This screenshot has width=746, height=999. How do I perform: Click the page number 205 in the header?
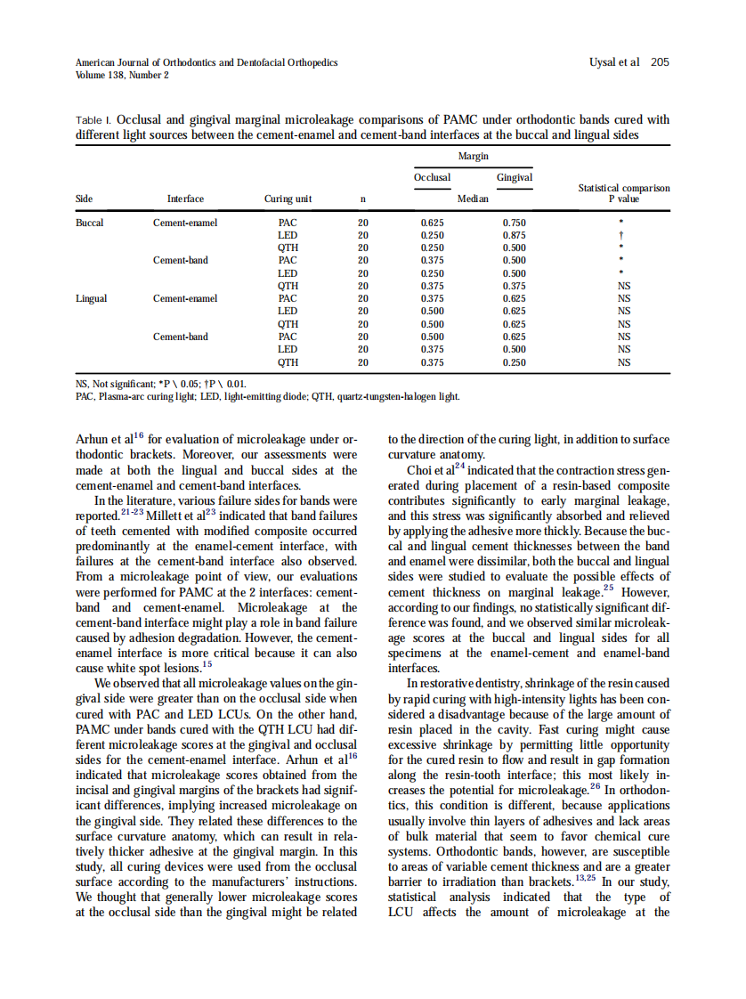click(660, 62)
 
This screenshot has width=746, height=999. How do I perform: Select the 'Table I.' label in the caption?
click(94, 120)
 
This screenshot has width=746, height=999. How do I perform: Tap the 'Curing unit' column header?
click(288, 199)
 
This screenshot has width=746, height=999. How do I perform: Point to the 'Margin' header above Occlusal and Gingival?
click(473, 156)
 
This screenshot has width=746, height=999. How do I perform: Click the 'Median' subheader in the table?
click(473, 199)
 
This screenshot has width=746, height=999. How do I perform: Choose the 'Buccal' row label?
click(89, 223)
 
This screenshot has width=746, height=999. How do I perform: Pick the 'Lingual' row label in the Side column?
click(91, 298)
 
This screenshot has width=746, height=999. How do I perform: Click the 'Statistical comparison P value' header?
click(623, 193)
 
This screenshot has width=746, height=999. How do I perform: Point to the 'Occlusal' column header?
click(432, 177)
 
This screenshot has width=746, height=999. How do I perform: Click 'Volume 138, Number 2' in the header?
click(123, 75)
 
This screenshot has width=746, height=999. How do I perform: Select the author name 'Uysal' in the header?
click(604, 62)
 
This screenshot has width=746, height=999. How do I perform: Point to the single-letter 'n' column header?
click(362, 199)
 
